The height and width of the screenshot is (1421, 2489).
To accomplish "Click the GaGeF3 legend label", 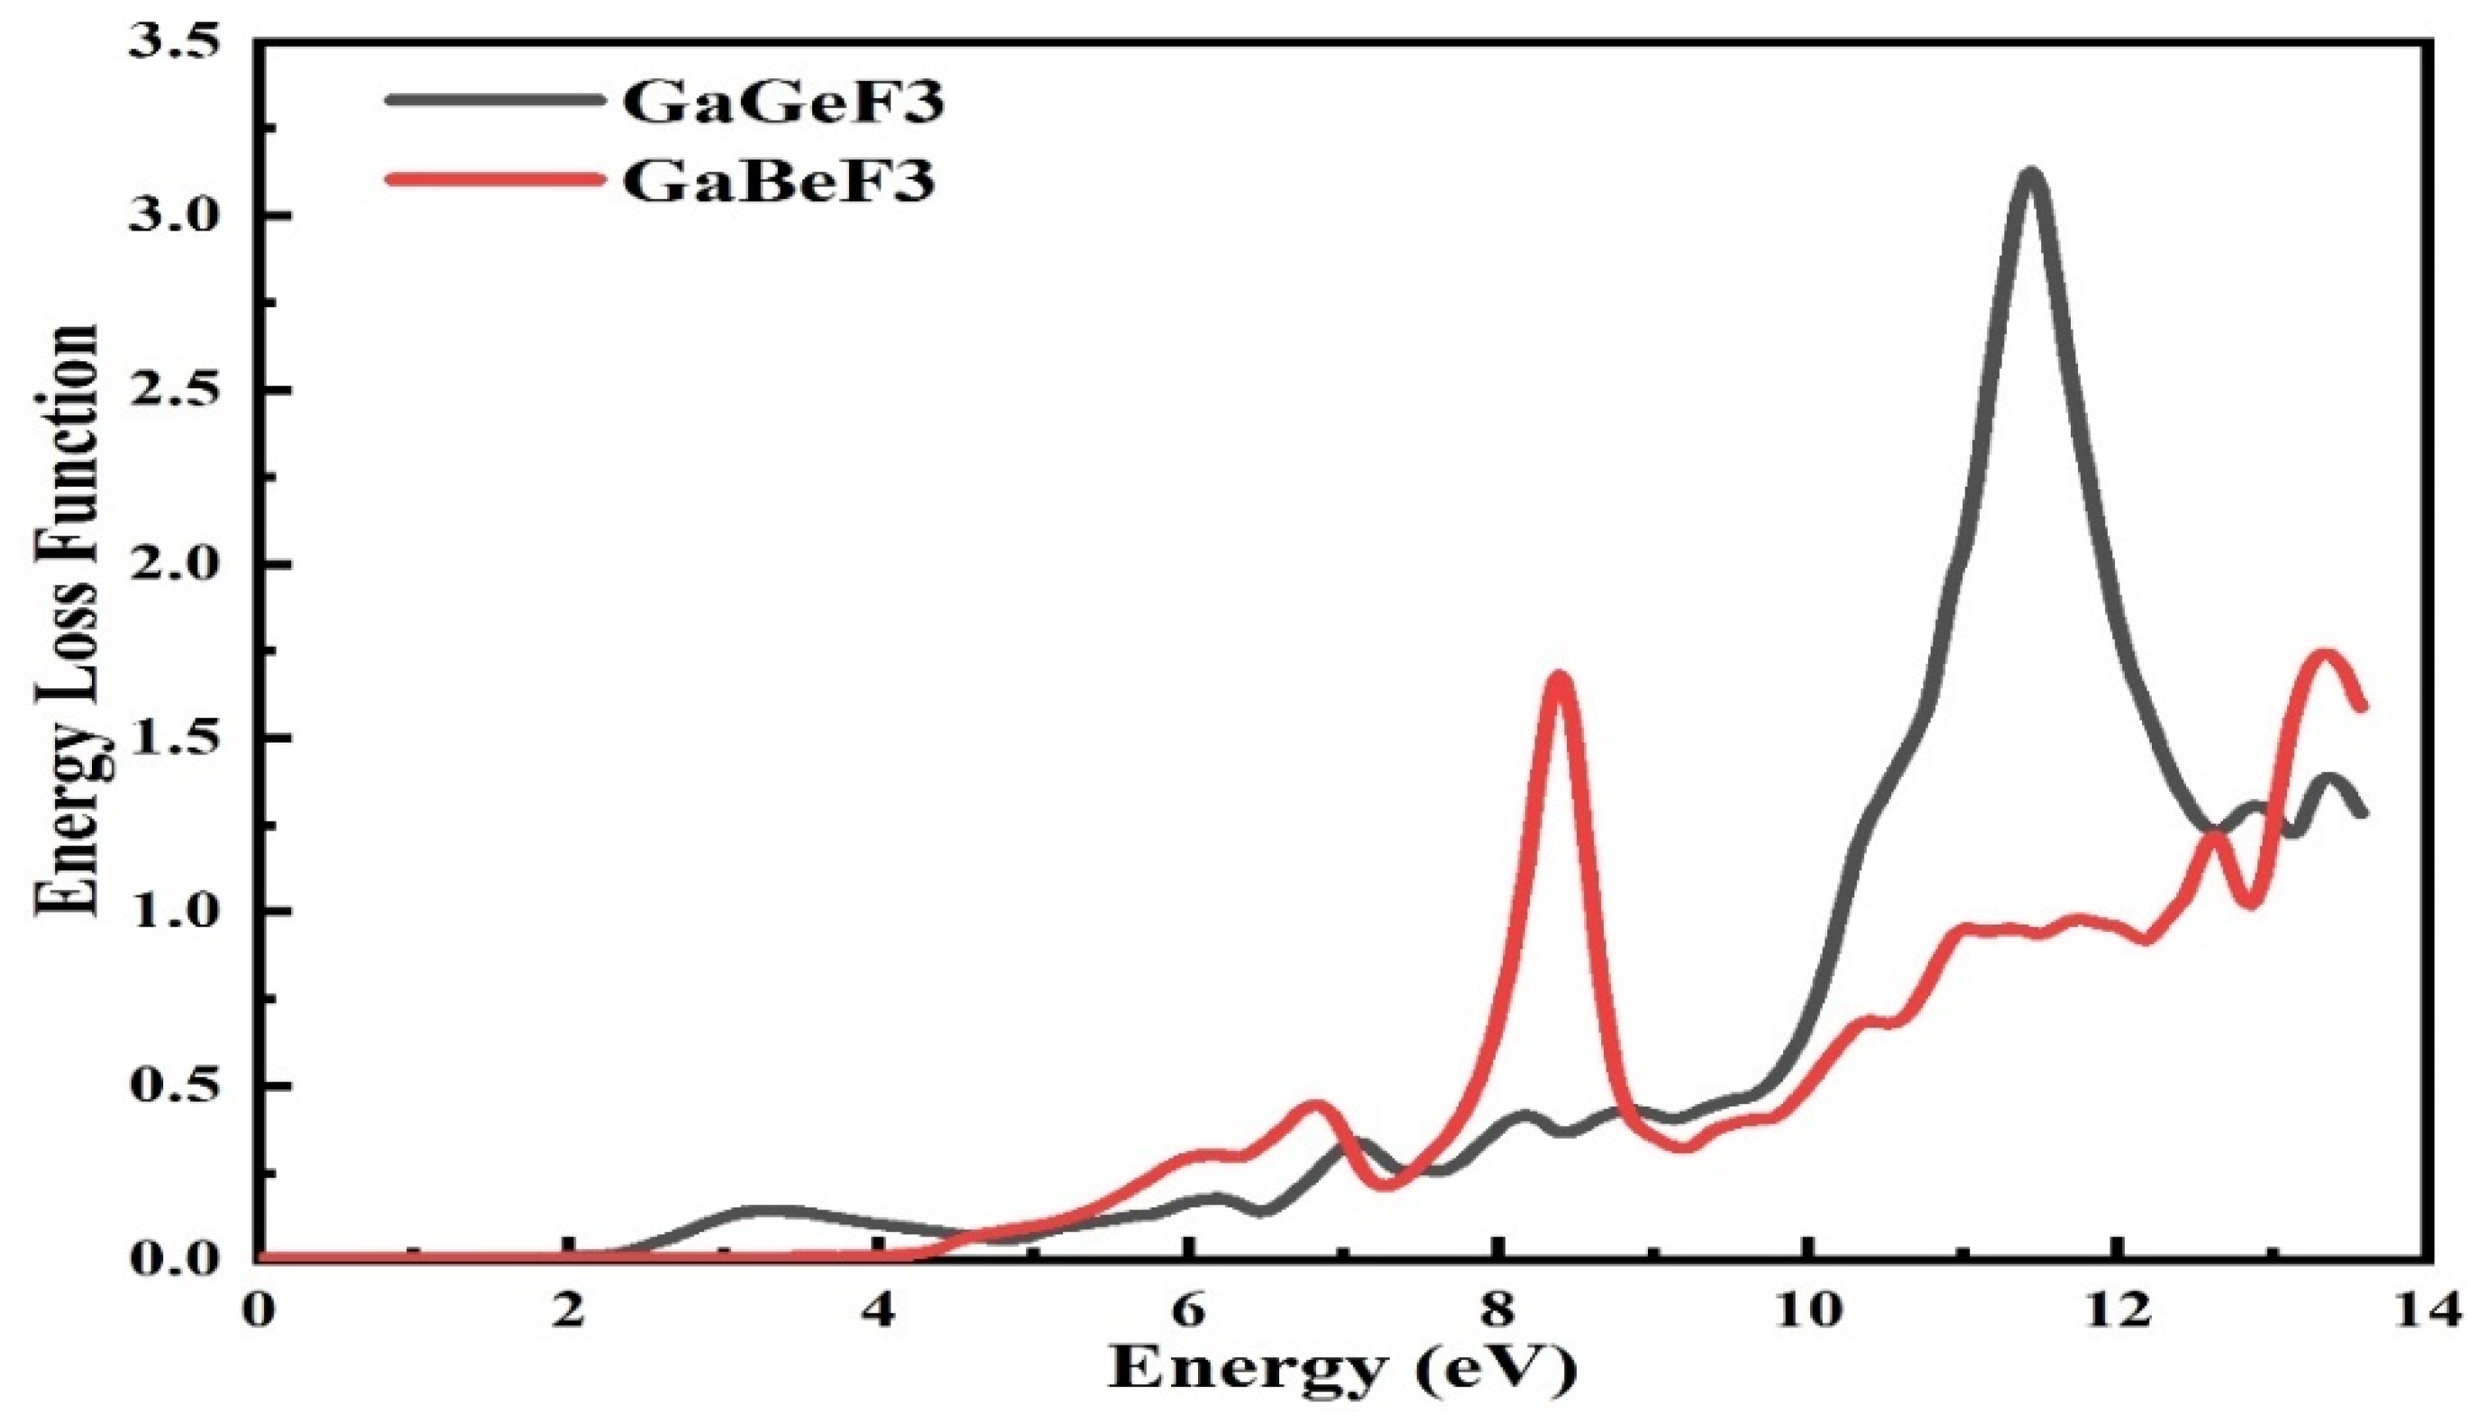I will click(x=782, y=103).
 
